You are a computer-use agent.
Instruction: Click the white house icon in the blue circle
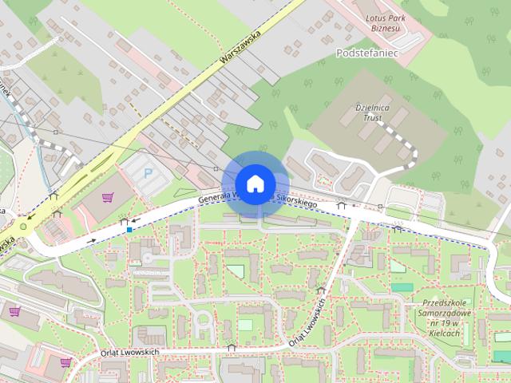(254, 184)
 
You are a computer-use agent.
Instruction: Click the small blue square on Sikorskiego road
(129, 230)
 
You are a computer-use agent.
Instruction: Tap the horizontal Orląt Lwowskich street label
(132, 353)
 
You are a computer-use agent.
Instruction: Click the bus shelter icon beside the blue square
(124, 220)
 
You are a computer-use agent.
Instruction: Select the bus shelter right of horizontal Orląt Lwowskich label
(232, 348)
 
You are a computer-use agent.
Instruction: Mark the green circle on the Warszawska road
(23, 226)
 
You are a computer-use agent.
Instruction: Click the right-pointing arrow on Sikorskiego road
(93, 239)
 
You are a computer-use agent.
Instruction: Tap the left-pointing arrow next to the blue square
(137, 220)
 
